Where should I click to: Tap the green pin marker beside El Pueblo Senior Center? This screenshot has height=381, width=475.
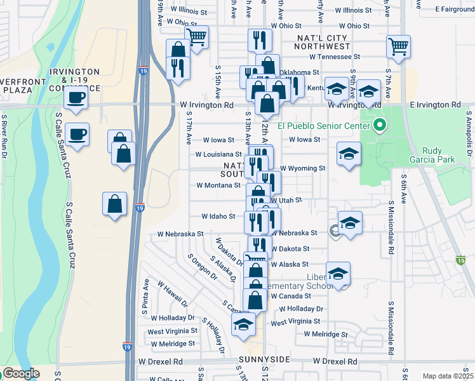[x=380, y=125]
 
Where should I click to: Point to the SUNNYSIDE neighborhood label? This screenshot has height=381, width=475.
[x=264, y=360]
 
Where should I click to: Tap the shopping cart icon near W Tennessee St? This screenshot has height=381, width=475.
[x=398, y=46]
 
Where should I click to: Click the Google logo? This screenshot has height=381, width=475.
[x=21, y=373]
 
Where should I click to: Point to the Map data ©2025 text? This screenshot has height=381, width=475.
[x=448, y=376]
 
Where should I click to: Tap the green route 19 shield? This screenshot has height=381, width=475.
[x=461, y=260]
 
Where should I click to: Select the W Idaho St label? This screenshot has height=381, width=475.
[x=218, y=217]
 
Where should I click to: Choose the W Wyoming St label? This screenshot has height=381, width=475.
[x=303, y=169]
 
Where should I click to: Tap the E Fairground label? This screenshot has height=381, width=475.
[x=455, y=10]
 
